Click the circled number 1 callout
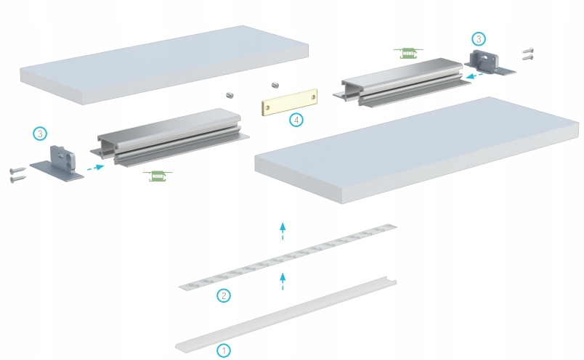coord(224,350)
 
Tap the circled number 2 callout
coord(224,295)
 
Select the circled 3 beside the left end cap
coord(41,134)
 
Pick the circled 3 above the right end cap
coord(478,38)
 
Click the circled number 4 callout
coord(296,120)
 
